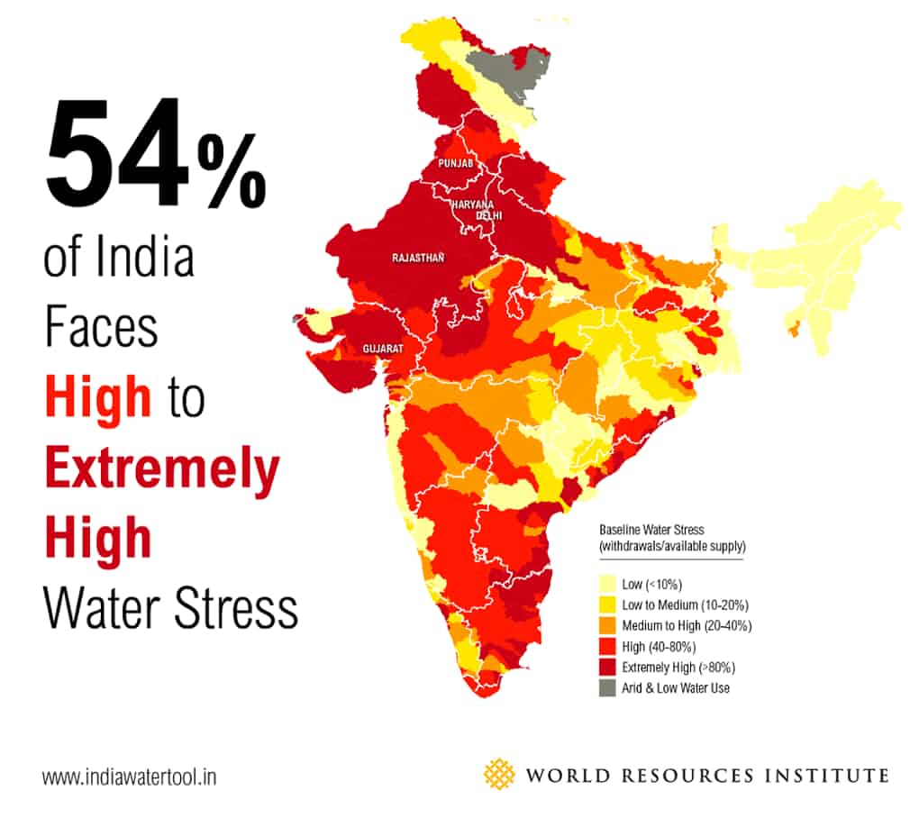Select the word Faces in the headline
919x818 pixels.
tap(102, 329)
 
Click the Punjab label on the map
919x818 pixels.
tap(455, 164)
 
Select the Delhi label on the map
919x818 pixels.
tap(489, 216)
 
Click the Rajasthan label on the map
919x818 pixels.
tap(418, 258)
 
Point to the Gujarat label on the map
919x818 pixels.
tap(383, 348)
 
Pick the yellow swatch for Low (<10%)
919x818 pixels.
tap(607, 585)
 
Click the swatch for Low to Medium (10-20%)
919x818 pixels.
tap(607, 605)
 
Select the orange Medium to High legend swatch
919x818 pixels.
tap(607, 626)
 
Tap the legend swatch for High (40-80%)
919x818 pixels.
tap(607, 647)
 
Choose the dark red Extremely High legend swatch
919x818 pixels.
tap(607, 668)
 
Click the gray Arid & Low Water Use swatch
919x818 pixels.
tap(607, 688)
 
